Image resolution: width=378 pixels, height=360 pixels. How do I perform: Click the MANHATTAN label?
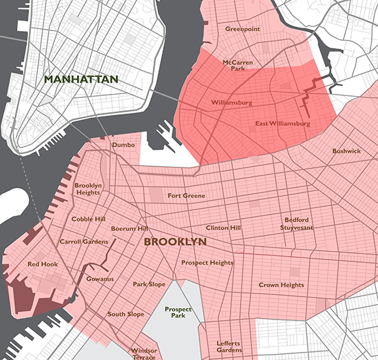(x=81, y=79)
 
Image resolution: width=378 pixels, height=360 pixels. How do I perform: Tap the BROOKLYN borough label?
(x=175, y=241)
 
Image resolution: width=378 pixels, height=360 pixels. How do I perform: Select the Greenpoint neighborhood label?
(x=243, y=29)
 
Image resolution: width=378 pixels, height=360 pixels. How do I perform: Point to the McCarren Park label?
(x=238, y=64)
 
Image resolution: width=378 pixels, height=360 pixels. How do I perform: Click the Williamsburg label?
(x=231, y=103)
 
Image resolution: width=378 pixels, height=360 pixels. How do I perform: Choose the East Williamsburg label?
(x=283, y=124)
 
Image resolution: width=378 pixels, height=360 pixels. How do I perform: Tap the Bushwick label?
(x=346, y=151)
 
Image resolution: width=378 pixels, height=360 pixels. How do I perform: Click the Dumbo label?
(x=123, y=145)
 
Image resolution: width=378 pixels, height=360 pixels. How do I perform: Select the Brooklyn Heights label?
(x=88, y=188)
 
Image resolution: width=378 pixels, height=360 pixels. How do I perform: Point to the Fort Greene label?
(x=187, y=196)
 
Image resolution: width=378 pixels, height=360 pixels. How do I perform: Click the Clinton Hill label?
(x=223, y=228)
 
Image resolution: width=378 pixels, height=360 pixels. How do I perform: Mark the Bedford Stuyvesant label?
(x=297, y=224)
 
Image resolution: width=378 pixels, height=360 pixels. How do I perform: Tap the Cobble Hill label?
(x=89, y=219)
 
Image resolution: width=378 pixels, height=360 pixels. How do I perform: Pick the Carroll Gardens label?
(x=84, y=241)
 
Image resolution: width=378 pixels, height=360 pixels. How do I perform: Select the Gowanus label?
(x=100, y=279)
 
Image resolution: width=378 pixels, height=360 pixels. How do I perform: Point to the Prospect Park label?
(x=179, y=312)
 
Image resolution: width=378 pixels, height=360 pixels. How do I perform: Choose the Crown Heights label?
(x=281, y=285)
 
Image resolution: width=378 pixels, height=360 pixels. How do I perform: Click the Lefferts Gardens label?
(x=229, y=346)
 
